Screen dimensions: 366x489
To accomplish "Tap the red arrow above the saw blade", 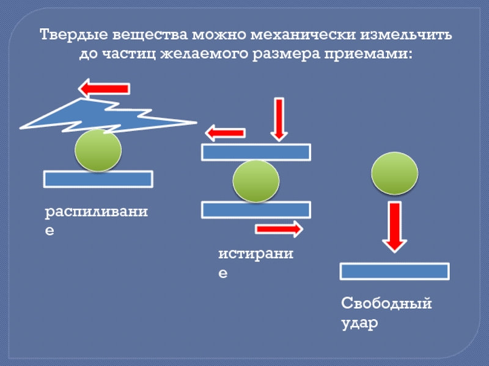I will click(x=105, y=88).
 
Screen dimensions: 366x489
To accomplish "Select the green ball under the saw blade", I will click(x=98, y=150).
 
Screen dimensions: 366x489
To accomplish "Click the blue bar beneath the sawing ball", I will click(x=98, y=179).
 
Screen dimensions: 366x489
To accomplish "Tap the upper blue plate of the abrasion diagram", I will click(x=256, y=152).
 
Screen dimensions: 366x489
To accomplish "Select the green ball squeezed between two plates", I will click(x=256, y=181).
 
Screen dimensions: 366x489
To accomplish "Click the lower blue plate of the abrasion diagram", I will click(x=256, y=210).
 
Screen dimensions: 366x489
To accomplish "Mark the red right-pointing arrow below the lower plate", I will click(x=279, y=229).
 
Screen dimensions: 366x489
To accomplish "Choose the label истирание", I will click(x=257, y=262).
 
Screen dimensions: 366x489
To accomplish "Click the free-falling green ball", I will click(x=395, y=173).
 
